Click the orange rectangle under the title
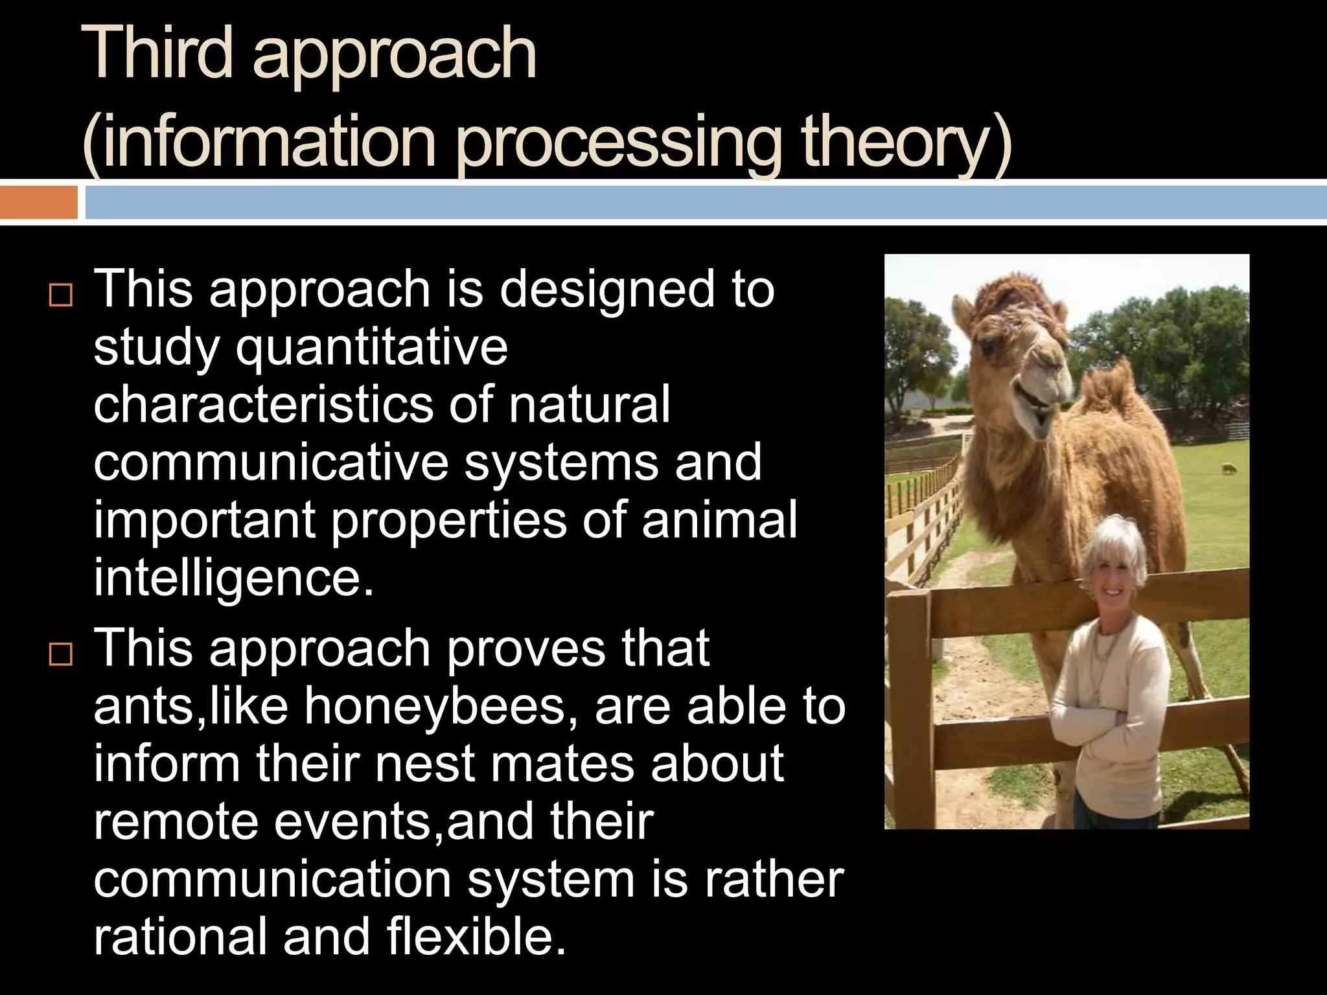click(39, 202)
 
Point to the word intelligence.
click(233, 578)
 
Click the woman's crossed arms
click(1102, 726)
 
